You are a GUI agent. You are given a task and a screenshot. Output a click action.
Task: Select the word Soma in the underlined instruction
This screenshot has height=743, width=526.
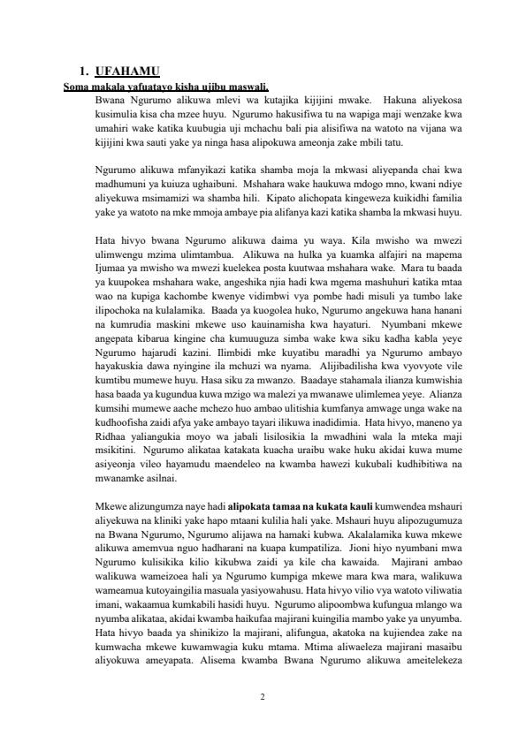pyautogui.click(x=77, y=86)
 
